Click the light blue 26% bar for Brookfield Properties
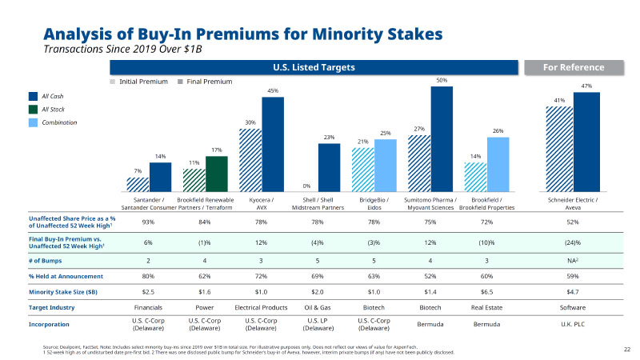point(498,164)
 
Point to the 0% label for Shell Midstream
point(306,186)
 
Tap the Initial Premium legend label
point(142,82)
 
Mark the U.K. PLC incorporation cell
point(573,325)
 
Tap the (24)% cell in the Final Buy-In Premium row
point(573,242)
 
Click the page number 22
point(626,349)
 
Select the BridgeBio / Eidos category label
point(374,203)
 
